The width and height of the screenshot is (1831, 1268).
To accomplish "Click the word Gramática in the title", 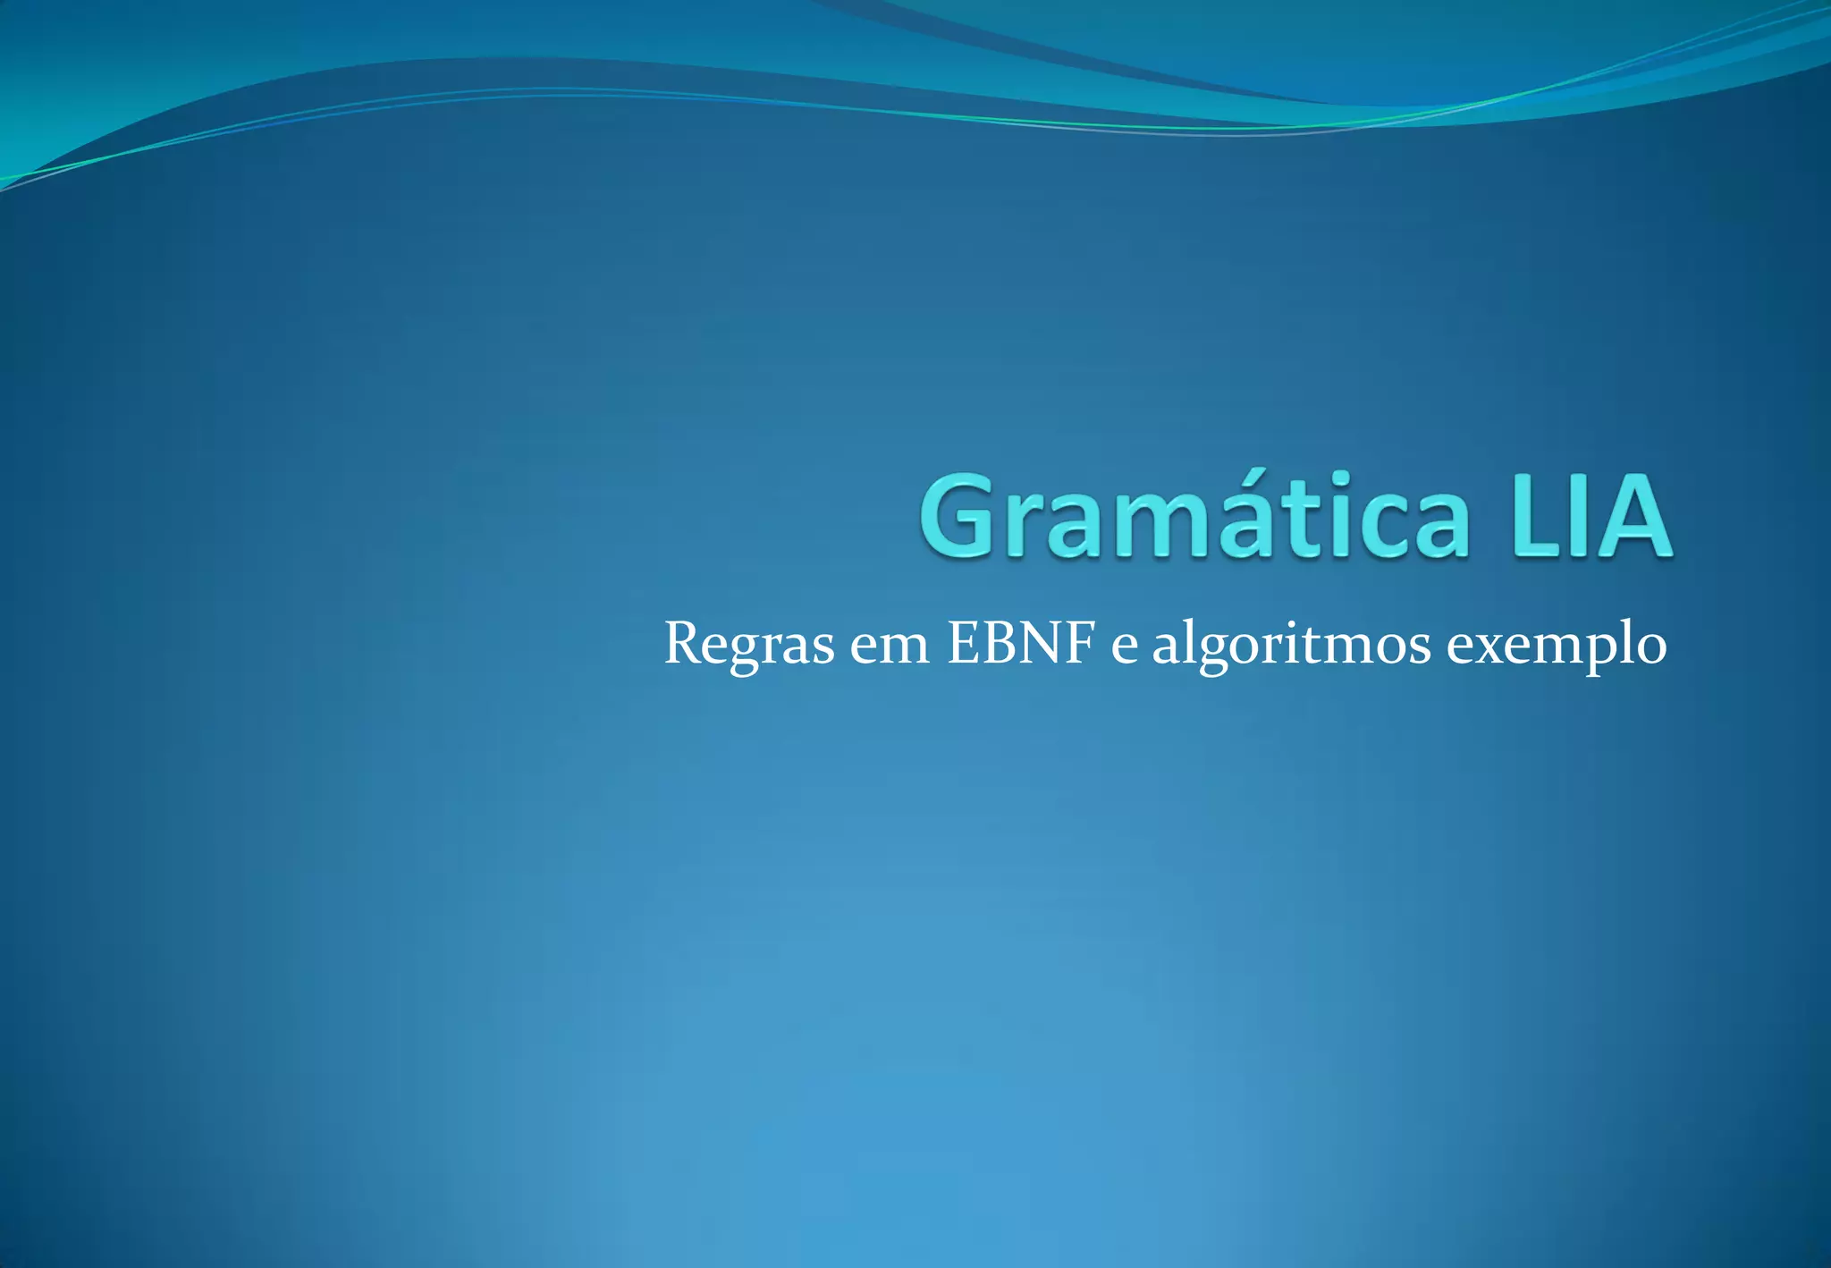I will tap(1194, 516).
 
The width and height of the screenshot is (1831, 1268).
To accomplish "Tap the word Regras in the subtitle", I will tap(749, 644).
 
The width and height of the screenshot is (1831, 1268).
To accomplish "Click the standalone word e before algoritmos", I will tap(1125, 646).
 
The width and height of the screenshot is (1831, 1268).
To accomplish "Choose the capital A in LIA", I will tap(1631, 516).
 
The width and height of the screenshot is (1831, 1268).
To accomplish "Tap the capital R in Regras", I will tap(684, 642).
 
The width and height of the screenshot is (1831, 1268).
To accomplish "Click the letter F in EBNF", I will tap(1080, 642).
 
